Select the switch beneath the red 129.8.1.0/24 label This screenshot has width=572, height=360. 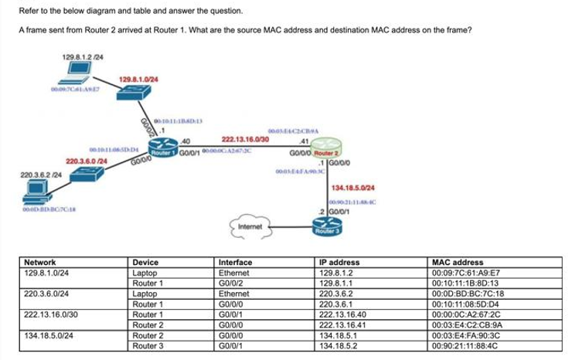(134, 92)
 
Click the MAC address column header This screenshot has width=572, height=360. (451, 263)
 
